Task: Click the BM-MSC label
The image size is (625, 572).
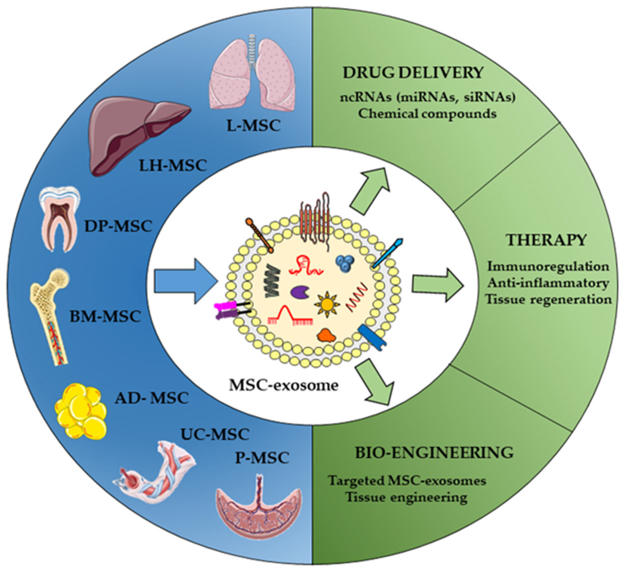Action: click(105, 317)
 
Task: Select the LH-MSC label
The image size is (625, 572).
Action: click(173, 165)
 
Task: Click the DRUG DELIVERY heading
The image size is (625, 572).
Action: click(413, 72)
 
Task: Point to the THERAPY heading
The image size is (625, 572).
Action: click(546, 240)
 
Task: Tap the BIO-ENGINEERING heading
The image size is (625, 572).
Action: click(434, 453)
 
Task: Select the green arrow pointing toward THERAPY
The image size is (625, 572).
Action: click(437, 285)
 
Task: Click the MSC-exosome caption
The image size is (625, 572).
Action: click(283, 385)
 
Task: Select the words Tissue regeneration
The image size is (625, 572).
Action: click(548, 299)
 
